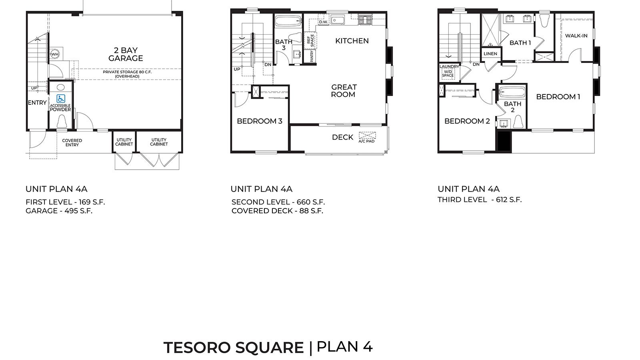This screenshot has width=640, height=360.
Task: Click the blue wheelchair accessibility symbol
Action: [60, 98]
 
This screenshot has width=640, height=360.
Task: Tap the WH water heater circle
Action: [54, 54]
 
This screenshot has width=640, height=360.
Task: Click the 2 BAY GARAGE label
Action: [126, 54]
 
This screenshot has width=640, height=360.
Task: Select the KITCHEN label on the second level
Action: [352, 41]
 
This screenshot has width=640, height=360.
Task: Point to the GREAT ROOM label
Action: [344, 91]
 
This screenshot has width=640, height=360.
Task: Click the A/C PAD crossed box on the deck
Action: [367, 136]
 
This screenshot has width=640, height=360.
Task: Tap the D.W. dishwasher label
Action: [324, 22]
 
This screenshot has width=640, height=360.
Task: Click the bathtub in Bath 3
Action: [288, 21]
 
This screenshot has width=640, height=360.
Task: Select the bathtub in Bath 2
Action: [512, 92]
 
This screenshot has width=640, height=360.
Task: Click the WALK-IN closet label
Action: [576, 36]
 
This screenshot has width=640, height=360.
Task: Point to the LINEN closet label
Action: [490, 54]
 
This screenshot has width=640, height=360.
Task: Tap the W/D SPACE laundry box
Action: [448, 74]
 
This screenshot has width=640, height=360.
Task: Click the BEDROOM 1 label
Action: [558, 97]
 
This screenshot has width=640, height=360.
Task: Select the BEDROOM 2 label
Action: [467, 121]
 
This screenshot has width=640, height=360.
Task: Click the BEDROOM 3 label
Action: [260, 121]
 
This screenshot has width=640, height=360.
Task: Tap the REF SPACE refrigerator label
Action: [310, 40]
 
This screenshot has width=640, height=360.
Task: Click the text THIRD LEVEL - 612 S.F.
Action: [480, 200]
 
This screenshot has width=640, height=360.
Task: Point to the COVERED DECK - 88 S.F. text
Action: [277, 211]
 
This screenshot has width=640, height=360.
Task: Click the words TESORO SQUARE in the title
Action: [234, 348]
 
